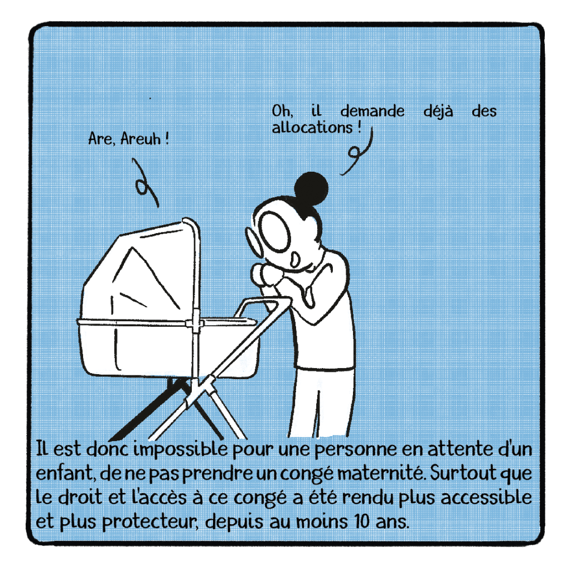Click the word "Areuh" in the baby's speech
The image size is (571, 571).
click(141, 139)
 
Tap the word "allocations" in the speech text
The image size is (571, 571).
click(312, 128)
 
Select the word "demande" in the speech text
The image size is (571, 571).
click(372, 111)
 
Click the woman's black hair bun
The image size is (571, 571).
click(311, 188)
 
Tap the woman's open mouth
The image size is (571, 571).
click(294, 259)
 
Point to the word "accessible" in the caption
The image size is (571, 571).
click(486, 498)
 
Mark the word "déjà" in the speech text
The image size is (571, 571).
click(438, 111)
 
